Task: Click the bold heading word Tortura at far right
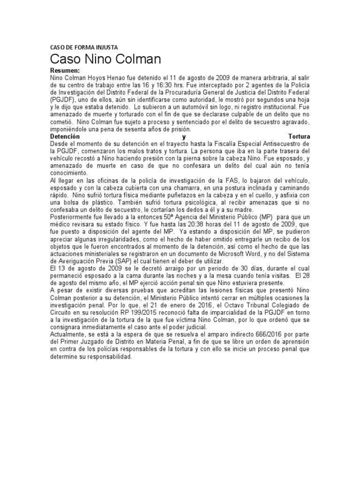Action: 300,136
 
